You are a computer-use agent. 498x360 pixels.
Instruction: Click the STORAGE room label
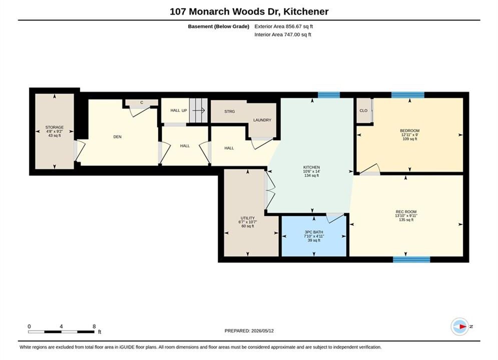[x=55, y=127]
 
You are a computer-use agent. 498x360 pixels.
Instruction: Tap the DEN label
[x=118, y=136]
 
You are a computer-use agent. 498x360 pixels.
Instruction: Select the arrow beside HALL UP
[x=199, y=110]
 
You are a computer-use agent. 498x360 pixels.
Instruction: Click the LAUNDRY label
[x=262, y=120]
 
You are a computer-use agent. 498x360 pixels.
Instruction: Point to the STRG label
[x=229, y=111]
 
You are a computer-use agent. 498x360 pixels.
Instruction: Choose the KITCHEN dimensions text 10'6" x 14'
[x=312, y=171]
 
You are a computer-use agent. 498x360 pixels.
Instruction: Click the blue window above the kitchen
[x=329, y=95]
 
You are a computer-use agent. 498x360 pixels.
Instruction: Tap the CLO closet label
[x=363, y=110]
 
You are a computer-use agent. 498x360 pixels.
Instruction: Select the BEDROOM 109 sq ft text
[x=410, y=138]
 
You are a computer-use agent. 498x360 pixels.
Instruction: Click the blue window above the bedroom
[x=408, y=95]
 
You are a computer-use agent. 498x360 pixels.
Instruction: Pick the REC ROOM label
[x=406, y=211]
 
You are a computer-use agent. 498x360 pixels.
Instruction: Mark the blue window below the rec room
[x=411, y=259]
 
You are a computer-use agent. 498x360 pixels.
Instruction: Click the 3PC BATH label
[x=314, y=232]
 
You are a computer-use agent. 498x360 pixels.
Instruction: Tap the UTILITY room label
[x=248, y=218]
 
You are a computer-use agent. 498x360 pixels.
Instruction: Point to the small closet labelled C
[x=142, y=102]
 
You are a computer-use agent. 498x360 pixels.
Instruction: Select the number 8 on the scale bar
[x=94, y=326]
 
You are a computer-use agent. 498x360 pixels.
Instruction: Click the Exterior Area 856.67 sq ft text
[x=284, y=26]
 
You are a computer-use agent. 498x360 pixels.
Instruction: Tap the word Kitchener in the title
[x=306, y=11]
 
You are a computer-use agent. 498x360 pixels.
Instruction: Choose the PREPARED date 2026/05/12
[x=262, y=330]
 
